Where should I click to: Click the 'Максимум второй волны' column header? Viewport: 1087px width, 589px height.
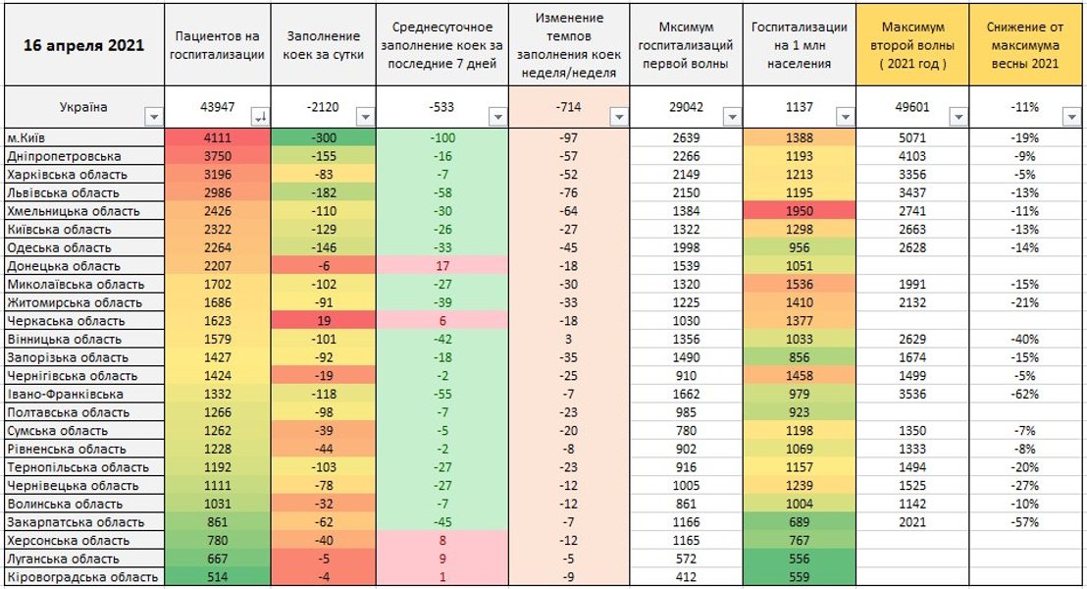tap(912, 46)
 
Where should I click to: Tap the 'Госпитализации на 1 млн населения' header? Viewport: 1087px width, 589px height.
tap(800, 46)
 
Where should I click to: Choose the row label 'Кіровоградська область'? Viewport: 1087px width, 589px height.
tap(82, 577)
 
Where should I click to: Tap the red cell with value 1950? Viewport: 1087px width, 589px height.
tap(800, 211)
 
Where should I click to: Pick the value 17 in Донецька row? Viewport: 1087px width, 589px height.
tap(441, 266)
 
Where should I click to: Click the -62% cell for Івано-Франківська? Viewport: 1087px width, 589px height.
tap(1026, 394)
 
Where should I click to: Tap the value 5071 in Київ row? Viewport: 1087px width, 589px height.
tap(912, 138)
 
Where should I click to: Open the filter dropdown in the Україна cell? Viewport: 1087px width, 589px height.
tap(152, 117)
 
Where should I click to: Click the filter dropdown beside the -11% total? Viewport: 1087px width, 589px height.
tap(1071, 117)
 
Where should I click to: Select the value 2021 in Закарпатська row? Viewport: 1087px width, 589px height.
tap(912, 522)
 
